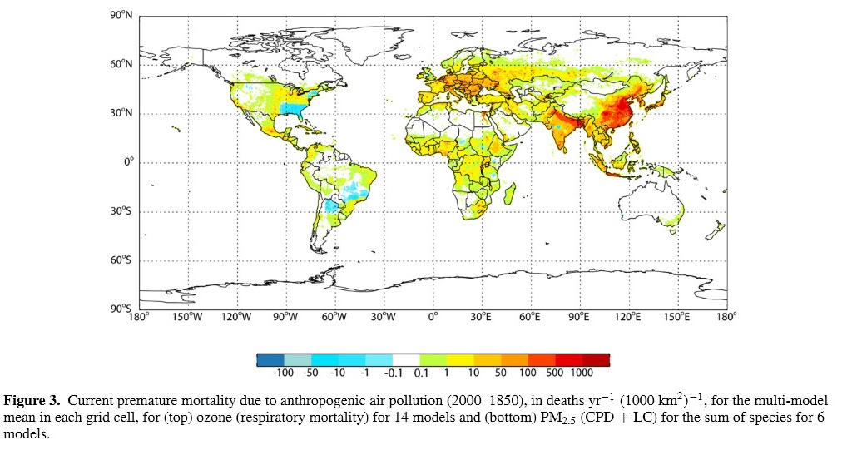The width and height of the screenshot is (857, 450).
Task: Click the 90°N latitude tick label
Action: click(x=121, y=15)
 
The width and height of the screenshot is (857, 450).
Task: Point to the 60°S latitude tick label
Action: click(x=121, y=260)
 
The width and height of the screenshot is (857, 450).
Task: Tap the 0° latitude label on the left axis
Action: click(x=127, y=162)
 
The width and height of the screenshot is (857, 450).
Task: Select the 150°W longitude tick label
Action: click(x=187, y=317)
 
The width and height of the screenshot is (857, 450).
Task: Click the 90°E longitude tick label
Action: click(x=578, y=317)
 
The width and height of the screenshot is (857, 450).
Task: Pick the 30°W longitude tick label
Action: click(x=383, y=317)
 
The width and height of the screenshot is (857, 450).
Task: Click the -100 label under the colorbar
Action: click(x=283, y=373)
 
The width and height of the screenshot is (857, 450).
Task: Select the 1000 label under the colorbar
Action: click(x=582, y=373)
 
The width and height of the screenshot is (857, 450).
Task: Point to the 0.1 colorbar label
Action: click(x=421, y=373)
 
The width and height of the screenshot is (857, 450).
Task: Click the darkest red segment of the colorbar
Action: click(x=596, y=360)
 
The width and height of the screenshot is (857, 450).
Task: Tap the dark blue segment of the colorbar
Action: click(x=270, y=360)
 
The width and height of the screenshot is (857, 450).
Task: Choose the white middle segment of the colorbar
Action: click(x=406, y=360)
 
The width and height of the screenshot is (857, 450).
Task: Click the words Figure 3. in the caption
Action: click(x=32, y=401)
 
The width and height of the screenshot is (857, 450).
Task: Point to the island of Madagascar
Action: click(x=509, y=194)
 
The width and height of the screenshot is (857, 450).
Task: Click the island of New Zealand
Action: click(x=716, y=230)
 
